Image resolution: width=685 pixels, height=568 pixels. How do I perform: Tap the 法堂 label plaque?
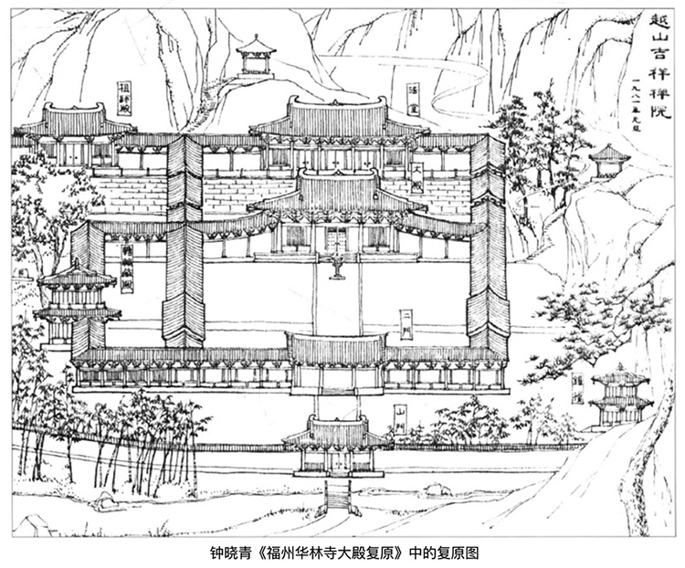pyautogui.click(x=414, y=95)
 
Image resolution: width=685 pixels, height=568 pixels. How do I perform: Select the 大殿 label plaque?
pyautogui.click(x=417, y=176)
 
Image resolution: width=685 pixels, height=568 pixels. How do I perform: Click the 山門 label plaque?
pyautogui.click(x=399, y=415)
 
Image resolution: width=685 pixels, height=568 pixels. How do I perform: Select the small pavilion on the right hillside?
pyautogui.click(x=609, y=162)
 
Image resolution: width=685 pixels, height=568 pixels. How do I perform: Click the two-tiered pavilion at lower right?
pyautogui.click(x=618, y=398)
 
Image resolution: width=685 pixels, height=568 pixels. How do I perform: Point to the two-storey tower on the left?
pyautogui.click(x=77, y=301)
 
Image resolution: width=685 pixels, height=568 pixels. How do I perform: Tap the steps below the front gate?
pyautogui.click(x=337, y=494)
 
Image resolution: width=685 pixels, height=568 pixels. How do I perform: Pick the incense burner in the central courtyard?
pyautogui.click(x=337, y=266)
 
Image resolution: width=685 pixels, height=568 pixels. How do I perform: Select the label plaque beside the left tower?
pyautogui.click(x=127, y=267)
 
